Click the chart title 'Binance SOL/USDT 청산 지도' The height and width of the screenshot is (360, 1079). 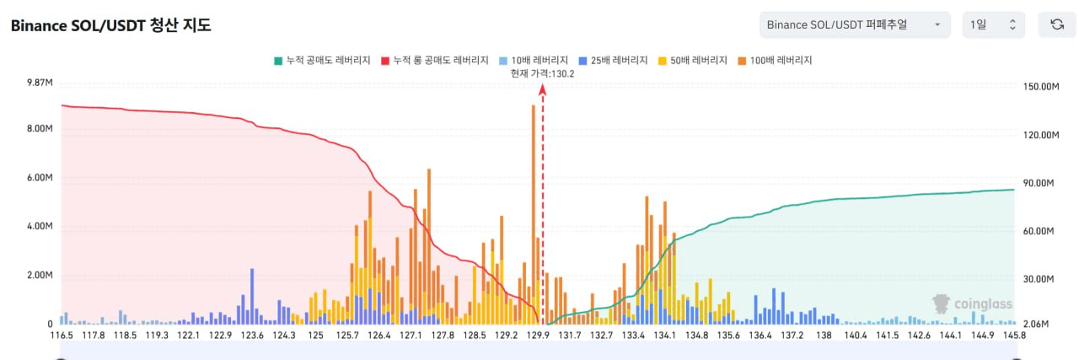click(110, 25)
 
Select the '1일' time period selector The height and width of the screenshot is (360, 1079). click(994, 25)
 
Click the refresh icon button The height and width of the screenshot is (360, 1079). click(1056, 25)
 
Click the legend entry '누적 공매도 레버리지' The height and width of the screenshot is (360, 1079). click(322, 61)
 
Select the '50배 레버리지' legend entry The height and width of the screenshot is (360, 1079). click(696, 61)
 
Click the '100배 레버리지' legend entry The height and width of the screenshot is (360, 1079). click(780, 61)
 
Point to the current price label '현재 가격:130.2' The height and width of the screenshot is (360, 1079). click(542, 73)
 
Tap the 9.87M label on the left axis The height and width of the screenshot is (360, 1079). click(40, 83)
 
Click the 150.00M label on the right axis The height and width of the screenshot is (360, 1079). click(1040, 87)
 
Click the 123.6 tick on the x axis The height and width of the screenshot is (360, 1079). click(252, 336)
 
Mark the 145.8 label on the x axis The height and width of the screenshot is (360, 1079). click(1013, 336)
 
